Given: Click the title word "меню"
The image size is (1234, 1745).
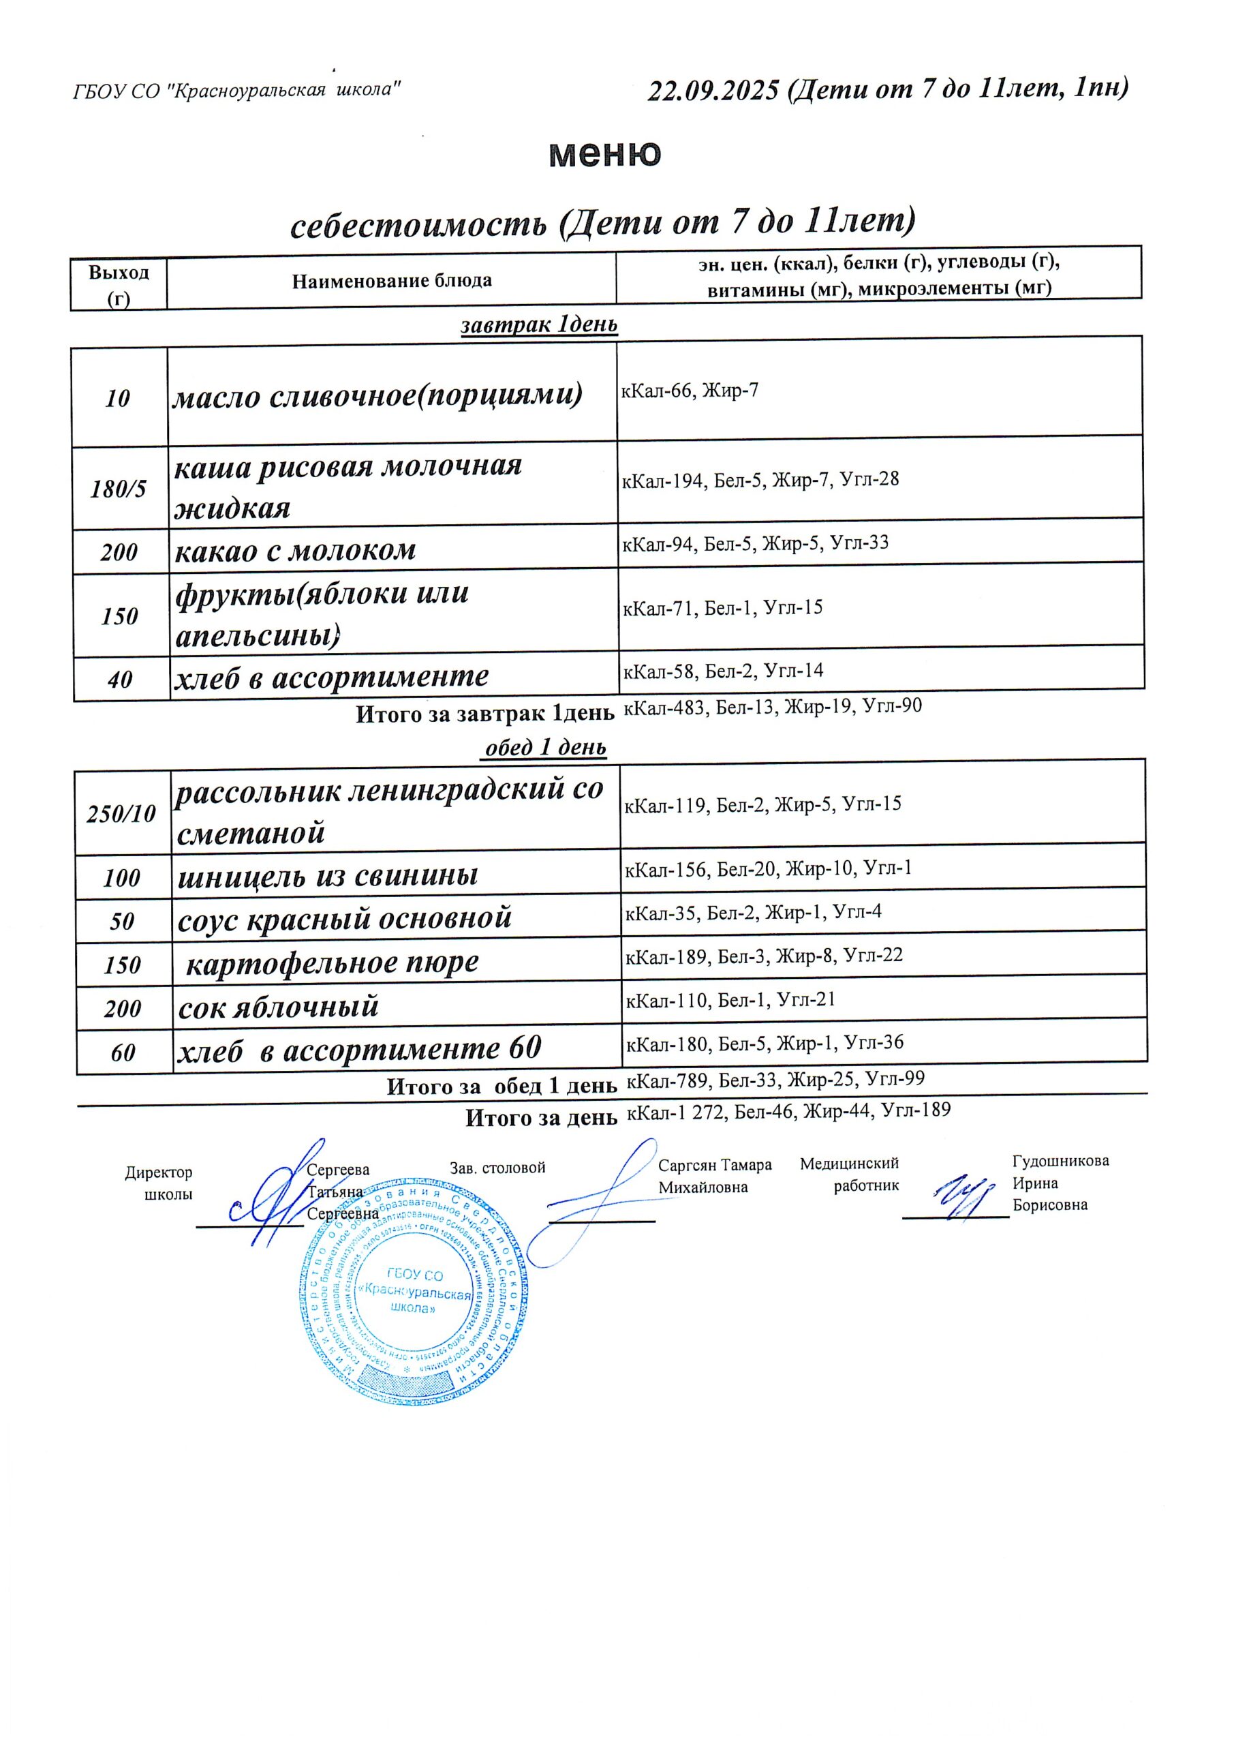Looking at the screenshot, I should [x=605, y=153].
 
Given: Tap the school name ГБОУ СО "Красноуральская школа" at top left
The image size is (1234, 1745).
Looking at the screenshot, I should [x=236, y=91].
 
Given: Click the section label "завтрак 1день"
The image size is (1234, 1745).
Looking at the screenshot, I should [x=539, y=324].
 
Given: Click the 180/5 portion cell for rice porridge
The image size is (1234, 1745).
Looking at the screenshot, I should [x=119, y=488].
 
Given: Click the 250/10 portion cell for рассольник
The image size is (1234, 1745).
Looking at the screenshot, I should [x=121, y=814].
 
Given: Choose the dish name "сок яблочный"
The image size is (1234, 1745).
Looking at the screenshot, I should [x=278, y=1007].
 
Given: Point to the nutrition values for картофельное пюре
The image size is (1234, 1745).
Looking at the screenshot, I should [x=764, y=956].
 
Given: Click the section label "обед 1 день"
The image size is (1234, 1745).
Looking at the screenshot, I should [x=546, y=748].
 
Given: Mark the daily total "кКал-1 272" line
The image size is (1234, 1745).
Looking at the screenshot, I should [x=788, y=1110].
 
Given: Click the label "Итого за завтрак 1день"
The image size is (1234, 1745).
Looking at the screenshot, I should [x=484, y=714].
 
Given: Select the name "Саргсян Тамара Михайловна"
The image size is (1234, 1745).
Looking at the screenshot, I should [x=714, y=1176].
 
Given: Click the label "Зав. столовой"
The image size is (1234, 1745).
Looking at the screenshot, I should [x=497, y=1168].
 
